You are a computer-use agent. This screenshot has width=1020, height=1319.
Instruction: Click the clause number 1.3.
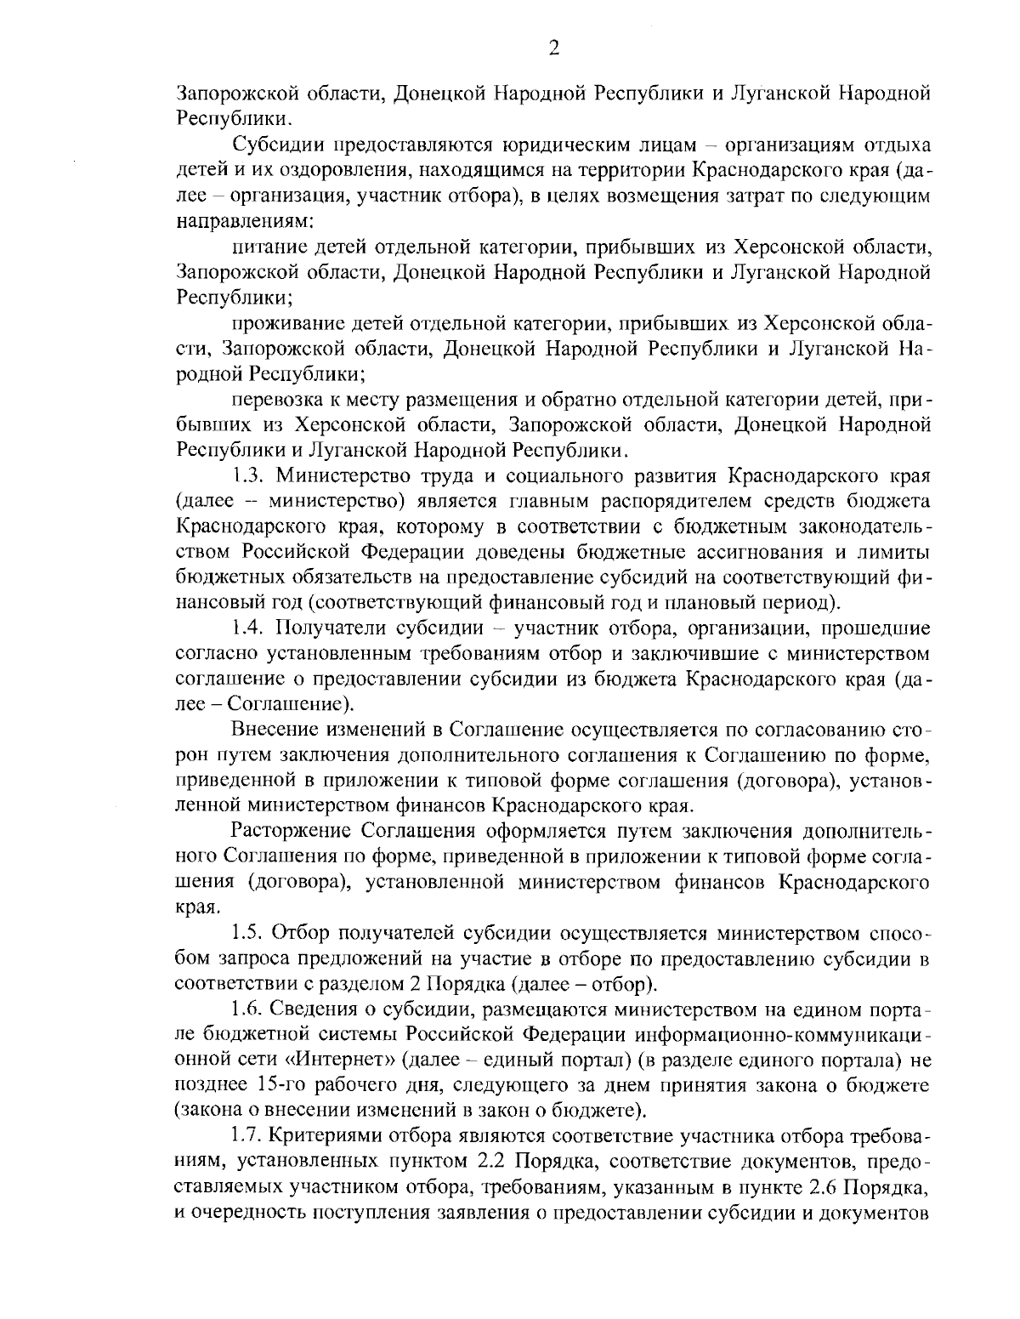(x=247, y=475)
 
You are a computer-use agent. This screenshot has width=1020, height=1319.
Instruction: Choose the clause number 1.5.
(x=247, y=934)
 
